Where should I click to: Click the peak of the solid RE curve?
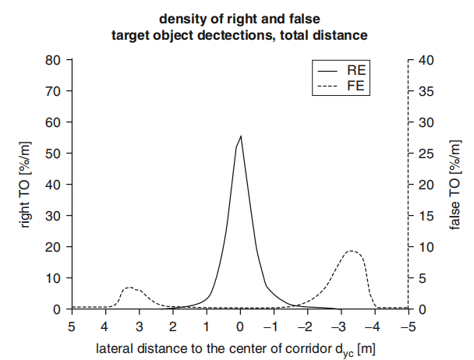click(240, 136)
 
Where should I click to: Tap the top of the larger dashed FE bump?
click(352, 251)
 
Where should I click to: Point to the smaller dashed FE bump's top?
click(129, 288)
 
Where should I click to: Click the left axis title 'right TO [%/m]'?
click(26, 185)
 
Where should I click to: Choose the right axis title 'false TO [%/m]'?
click(455, 185)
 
